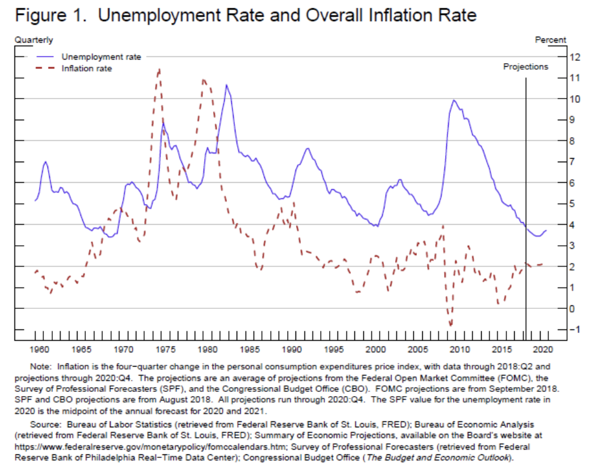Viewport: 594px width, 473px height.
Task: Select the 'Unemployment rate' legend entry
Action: (x=101, y=57)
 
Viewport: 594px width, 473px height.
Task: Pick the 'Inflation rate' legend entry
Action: (x=86, y=69)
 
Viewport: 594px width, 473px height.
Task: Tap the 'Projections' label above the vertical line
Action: (x=526, y=67)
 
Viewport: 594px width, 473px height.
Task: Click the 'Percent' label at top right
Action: (x=550, y=40)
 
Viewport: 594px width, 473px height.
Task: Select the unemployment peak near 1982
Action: (x=226, y=85)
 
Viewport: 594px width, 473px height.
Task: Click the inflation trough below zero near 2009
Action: (x=450, y=325)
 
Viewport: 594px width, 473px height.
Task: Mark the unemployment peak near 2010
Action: (x=453, y=100)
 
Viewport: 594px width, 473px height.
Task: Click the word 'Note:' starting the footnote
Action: (x=41, y=366)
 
